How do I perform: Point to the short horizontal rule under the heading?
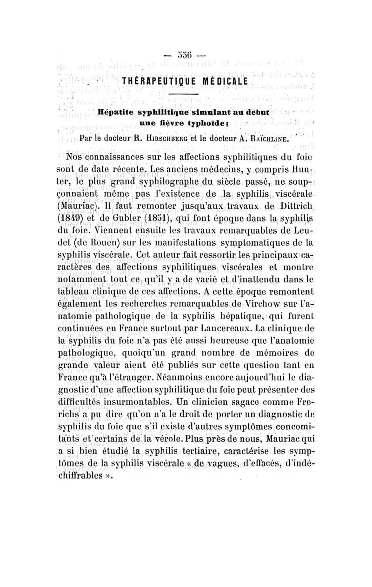pos(183,95)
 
